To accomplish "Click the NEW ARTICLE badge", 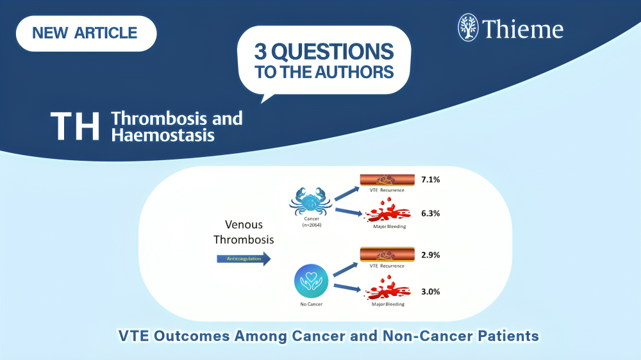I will pyautogui.click(x=85, y=33).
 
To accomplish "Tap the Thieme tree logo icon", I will pyautogui.click(x=469, y=28).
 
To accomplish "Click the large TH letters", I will pyautogui.click(x=76, y=126).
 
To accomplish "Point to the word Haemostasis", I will pyautogui.click(x=163, y=135).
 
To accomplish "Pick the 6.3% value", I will pyautogui.click(x=430, y=213).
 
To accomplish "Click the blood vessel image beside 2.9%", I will pyautogui.click(x=387, y=254).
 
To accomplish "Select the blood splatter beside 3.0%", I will pyautogui.click(x=387, y=290).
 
